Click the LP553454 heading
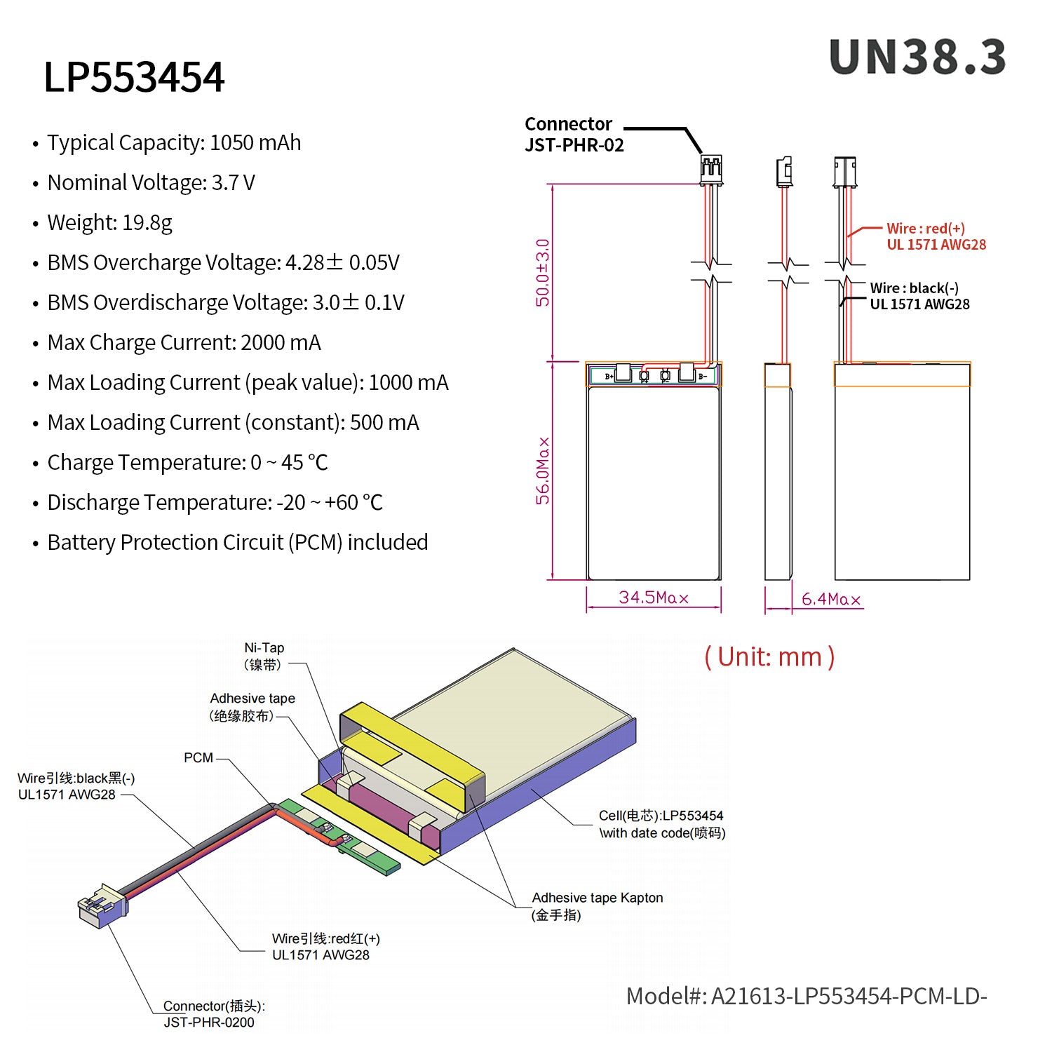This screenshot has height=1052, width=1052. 134,76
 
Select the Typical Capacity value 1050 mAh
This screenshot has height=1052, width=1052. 255,142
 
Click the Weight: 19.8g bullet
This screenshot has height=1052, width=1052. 109,222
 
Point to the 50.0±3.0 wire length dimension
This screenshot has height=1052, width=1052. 543,272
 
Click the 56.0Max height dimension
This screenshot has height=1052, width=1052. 543,471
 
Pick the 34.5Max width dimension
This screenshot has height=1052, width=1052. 654,598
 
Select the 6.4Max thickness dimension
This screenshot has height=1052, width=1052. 831,599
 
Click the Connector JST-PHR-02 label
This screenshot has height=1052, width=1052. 574,134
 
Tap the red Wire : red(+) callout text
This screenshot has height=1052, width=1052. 936,236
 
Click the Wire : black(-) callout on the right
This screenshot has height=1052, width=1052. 920,296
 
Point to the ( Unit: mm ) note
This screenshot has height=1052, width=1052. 769,657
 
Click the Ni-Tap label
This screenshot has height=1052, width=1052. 264,656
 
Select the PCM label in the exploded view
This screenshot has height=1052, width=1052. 198,757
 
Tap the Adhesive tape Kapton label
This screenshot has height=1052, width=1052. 598,906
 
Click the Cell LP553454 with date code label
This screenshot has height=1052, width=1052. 662,824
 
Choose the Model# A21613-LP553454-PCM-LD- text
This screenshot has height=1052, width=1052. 807,996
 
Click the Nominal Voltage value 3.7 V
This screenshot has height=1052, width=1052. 234,182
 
